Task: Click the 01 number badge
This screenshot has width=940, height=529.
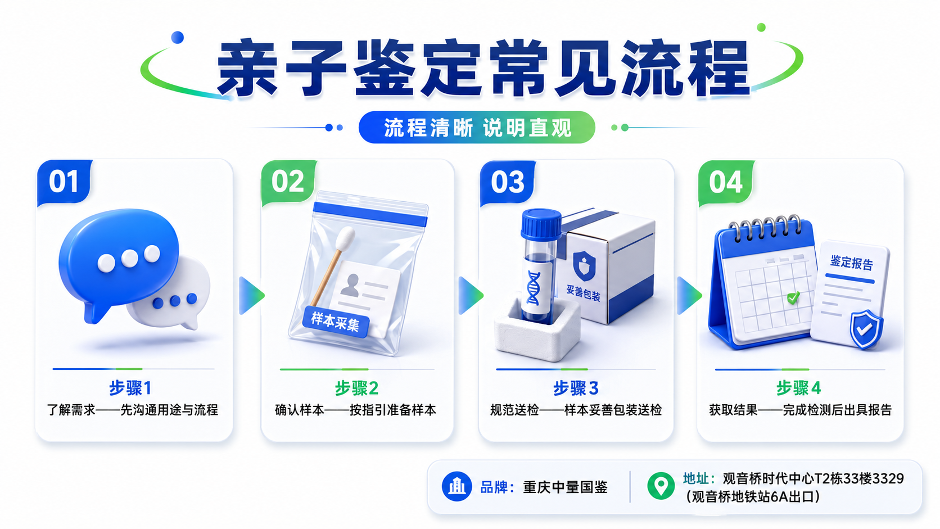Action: click(64, 182)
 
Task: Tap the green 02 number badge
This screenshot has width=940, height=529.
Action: click(288, 182)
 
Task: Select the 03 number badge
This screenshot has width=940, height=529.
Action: click(507, 183)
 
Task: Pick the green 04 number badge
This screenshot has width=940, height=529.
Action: click(726, 183)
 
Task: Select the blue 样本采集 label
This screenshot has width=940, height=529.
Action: click(335, 322)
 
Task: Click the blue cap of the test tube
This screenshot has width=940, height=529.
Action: click(541, 225)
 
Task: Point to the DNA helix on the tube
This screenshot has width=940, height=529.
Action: click(534, 288)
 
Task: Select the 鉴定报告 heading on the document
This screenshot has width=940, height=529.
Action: click(852, 263)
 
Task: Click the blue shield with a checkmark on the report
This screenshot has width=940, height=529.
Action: click(866, 329)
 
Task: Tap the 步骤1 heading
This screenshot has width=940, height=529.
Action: click(130, 388)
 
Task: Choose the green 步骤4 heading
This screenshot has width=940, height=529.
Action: click(798, 388)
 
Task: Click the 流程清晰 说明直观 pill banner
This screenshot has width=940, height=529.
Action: click(477, 127)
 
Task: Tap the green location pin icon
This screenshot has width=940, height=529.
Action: click(661, 486)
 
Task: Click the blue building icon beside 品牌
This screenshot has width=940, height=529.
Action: click(457, 487)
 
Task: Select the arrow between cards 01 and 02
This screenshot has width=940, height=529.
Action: click(251, 295)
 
